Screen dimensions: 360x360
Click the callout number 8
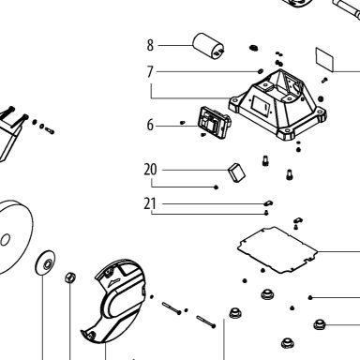click(x=150, y=45)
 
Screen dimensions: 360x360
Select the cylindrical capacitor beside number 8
click(x=208, y=46)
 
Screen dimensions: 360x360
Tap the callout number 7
click(x=150, y=72)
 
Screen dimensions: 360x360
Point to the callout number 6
click(x=150, y=125)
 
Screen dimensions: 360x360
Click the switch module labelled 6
click(x=215, y=122)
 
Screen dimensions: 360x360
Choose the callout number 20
click(x=150, y=170)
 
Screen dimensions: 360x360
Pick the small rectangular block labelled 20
click(x=236, y=172)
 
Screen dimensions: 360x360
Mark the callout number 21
click(x=150, y=203)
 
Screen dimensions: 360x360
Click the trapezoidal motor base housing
click(x=277, y=105)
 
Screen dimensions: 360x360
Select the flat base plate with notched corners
click(x=277, y=249)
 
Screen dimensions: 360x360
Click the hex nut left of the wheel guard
click(x=70, y=277)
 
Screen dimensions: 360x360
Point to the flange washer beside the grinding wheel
click(x=46, y=262)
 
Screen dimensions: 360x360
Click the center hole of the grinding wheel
click(x=5, y=240)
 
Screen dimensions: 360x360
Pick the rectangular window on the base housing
click(x=261, y=106)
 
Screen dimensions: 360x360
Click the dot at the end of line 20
click(x=216, y=187)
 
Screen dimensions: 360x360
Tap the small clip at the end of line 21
click(x=268, y=203)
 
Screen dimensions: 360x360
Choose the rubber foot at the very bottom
click(x=287, y=343)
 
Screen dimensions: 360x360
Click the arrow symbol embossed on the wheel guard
click(x=113, y=282)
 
